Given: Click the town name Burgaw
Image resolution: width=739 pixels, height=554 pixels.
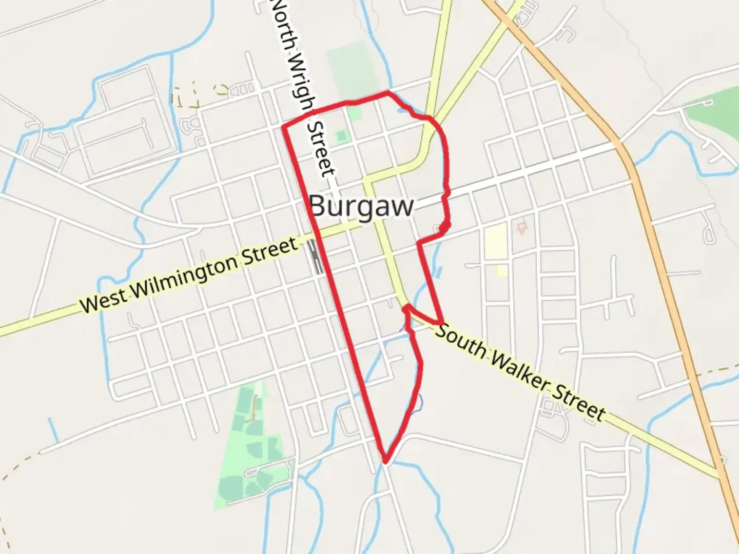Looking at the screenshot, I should (x=362, y=206).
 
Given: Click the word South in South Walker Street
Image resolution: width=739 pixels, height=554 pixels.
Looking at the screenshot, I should (x=461, y=341).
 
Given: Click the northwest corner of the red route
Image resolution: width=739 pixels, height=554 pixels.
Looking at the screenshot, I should (x=284, y=126).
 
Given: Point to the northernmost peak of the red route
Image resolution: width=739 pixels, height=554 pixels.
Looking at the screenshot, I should (x=387, y=93).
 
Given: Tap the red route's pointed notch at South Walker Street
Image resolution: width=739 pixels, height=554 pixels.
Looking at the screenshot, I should (x=405, y=307).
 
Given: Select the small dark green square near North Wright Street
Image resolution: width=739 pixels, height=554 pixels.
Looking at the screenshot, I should (x=341, y=136).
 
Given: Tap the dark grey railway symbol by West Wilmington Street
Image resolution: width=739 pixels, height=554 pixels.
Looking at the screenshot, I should (x=315, y=257).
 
